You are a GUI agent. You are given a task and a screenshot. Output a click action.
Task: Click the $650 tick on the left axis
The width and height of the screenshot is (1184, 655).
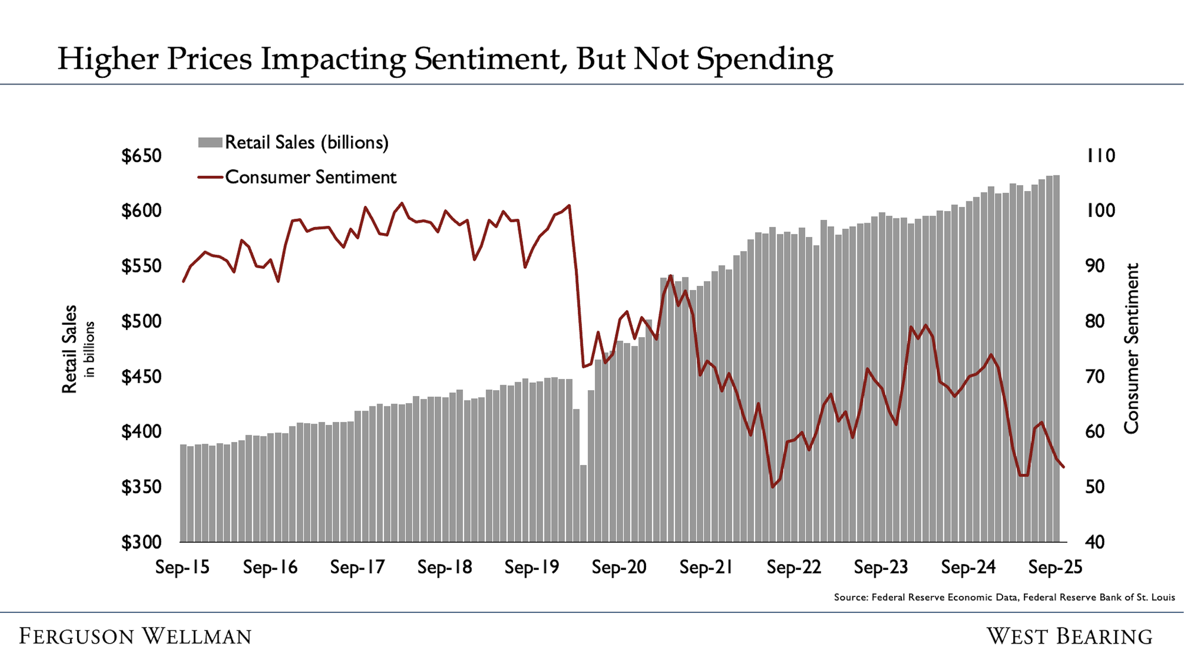pos(141,156)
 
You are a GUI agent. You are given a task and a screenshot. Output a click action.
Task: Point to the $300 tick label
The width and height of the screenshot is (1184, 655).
pos(141,542)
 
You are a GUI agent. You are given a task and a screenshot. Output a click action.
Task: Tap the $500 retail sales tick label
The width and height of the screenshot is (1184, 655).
pos(141,322)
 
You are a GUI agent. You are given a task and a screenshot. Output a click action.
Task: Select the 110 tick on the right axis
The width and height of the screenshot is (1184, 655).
pos(1101,156)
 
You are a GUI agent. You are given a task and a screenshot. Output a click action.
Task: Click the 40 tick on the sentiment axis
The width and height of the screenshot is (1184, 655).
pos(1094,542)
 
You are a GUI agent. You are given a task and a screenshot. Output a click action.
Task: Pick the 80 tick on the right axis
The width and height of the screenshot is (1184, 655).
pos(1094,322)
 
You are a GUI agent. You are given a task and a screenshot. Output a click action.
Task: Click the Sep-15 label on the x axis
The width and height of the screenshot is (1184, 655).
pos(182,567)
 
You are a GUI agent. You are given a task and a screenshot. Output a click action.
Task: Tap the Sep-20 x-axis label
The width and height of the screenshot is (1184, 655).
pos(619,567)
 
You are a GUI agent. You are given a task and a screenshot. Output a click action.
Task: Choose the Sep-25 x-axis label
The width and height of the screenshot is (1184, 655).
pos(1055,567)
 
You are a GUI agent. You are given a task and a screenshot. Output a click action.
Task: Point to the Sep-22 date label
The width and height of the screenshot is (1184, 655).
pos(794,567)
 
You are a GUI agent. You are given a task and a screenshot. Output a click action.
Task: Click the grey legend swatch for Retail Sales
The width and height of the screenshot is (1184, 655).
pos(210,143)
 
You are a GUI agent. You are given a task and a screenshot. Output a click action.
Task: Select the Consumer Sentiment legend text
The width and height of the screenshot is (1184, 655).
pos(311,177)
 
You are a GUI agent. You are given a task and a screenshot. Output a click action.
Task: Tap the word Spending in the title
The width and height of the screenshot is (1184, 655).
pos(764,60)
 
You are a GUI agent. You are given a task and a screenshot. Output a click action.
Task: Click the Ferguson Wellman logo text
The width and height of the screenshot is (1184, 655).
pos(135,636)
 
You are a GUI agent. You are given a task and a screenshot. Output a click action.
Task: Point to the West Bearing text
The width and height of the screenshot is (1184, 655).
pos(1069,636)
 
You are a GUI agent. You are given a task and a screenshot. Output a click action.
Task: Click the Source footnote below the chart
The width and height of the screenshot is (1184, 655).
pos(1004,597)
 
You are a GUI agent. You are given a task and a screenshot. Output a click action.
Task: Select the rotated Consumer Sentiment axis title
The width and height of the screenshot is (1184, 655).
pos(1131,349)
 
